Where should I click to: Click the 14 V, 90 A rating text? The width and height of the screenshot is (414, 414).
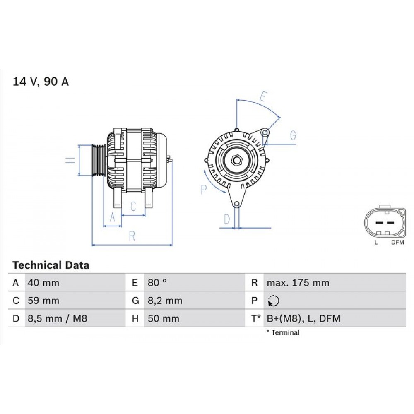[41, 82]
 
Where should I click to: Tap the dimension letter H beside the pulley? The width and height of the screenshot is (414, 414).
[71, 160]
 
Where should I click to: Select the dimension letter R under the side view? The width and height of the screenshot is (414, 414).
[132, 236]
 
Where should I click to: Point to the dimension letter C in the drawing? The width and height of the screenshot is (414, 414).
[133, 206]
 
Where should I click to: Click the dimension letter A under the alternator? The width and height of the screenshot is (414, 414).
[112, 217]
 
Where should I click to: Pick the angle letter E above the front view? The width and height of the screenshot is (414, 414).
[262, 96]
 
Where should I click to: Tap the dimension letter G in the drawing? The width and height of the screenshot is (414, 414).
[293, 135]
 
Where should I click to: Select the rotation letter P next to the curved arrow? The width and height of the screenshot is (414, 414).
[204, 190]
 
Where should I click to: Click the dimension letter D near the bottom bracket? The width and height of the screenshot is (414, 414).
[226, 219]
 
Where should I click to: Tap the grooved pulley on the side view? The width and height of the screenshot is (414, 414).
[99, 160]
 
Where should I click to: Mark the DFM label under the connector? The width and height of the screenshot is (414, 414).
[397, 243]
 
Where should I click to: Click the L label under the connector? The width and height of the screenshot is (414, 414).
[376, 243]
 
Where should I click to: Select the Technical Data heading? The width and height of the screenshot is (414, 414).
[51, 265]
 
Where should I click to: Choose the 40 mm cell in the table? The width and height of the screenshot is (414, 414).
[43, 283]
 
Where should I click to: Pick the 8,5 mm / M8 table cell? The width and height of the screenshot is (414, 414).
[57, 318]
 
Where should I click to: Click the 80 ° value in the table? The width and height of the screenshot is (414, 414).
[157, 283]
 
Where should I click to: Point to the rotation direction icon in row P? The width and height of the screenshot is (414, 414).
[273, 301]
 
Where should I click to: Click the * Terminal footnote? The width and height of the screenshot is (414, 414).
[283, 332]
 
